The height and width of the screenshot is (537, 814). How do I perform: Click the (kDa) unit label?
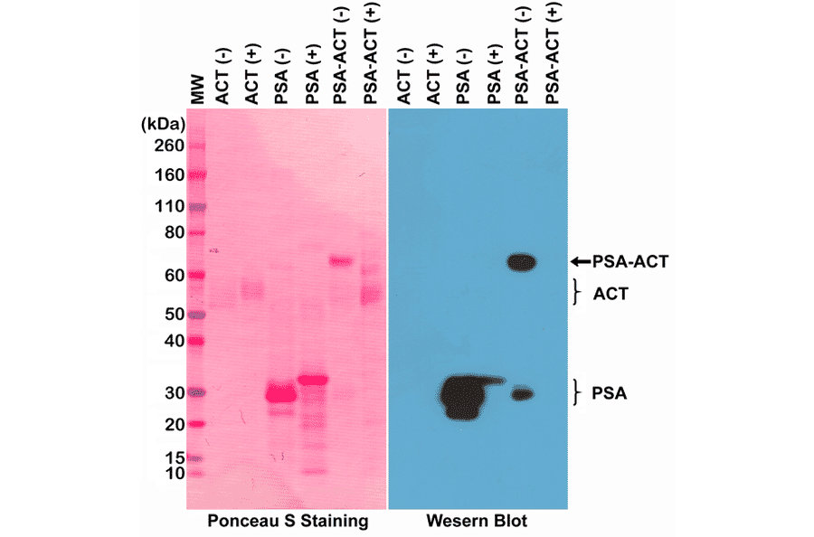163,122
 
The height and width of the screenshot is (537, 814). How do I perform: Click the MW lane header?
198,89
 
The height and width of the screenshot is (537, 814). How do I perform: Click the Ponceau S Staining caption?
288,522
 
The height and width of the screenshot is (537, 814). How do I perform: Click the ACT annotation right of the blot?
611,293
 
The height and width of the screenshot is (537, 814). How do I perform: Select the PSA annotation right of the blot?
610,393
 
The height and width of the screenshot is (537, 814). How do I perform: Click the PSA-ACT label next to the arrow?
629,262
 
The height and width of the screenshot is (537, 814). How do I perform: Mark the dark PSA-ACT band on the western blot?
522,263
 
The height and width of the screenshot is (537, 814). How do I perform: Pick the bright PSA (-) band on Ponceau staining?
280,395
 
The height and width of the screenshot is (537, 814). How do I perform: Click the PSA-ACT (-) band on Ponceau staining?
340,262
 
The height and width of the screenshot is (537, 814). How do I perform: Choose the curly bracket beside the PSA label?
576,393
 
